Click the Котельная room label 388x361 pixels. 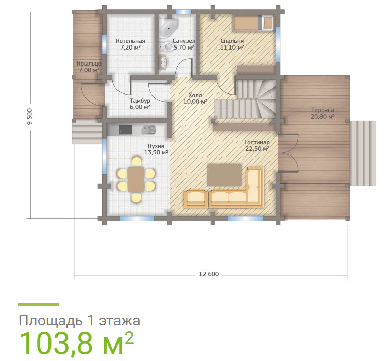(130, 41)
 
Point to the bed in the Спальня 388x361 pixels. (253, 23)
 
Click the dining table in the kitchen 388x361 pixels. (136, 179)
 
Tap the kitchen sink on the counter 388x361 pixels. (148, 130)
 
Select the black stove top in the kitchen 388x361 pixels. (125, 130)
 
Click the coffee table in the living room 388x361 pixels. (225, 175)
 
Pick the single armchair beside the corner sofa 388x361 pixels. (196, 199)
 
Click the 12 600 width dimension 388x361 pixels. (209, 274)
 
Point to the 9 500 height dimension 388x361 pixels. (30, 117)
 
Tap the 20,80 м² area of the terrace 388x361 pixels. (323, 116)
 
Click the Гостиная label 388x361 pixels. (257, 142)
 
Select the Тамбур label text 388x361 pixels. (140, 101)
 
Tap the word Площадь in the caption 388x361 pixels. (50, 320)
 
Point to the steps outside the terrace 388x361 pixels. (363, 153)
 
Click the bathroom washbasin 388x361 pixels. (164, 61)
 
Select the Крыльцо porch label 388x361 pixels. (89, 64)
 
